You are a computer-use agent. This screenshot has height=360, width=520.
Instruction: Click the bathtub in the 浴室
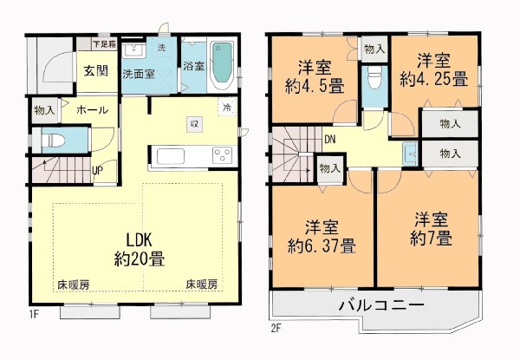222,65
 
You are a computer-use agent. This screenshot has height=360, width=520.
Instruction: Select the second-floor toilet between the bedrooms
374,78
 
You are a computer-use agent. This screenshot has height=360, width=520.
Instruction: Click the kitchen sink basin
171,156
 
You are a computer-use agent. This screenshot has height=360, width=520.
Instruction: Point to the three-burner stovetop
222,155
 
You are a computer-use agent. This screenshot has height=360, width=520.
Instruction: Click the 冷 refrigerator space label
227,108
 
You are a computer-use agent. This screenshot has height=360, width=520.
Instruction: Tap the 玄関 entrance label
96,70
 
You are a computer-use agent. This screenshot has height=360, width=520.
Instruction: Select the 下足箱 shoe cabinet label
104,44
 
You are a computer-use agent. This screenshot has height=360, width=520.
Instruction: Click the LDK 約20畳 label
140,249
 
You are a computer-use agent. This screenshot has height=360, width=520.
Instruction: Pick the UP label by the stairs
97,171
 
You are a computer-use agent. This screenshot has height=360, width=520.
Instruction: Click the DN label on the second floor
329,140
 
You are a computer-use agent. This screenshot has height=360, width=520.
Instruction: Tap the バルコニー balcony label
381,305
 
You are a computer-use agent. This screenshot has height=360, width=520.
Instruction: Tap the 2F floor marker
276,329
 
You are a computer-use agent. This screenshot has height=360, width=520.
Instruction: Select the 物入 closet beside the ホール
44,110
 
